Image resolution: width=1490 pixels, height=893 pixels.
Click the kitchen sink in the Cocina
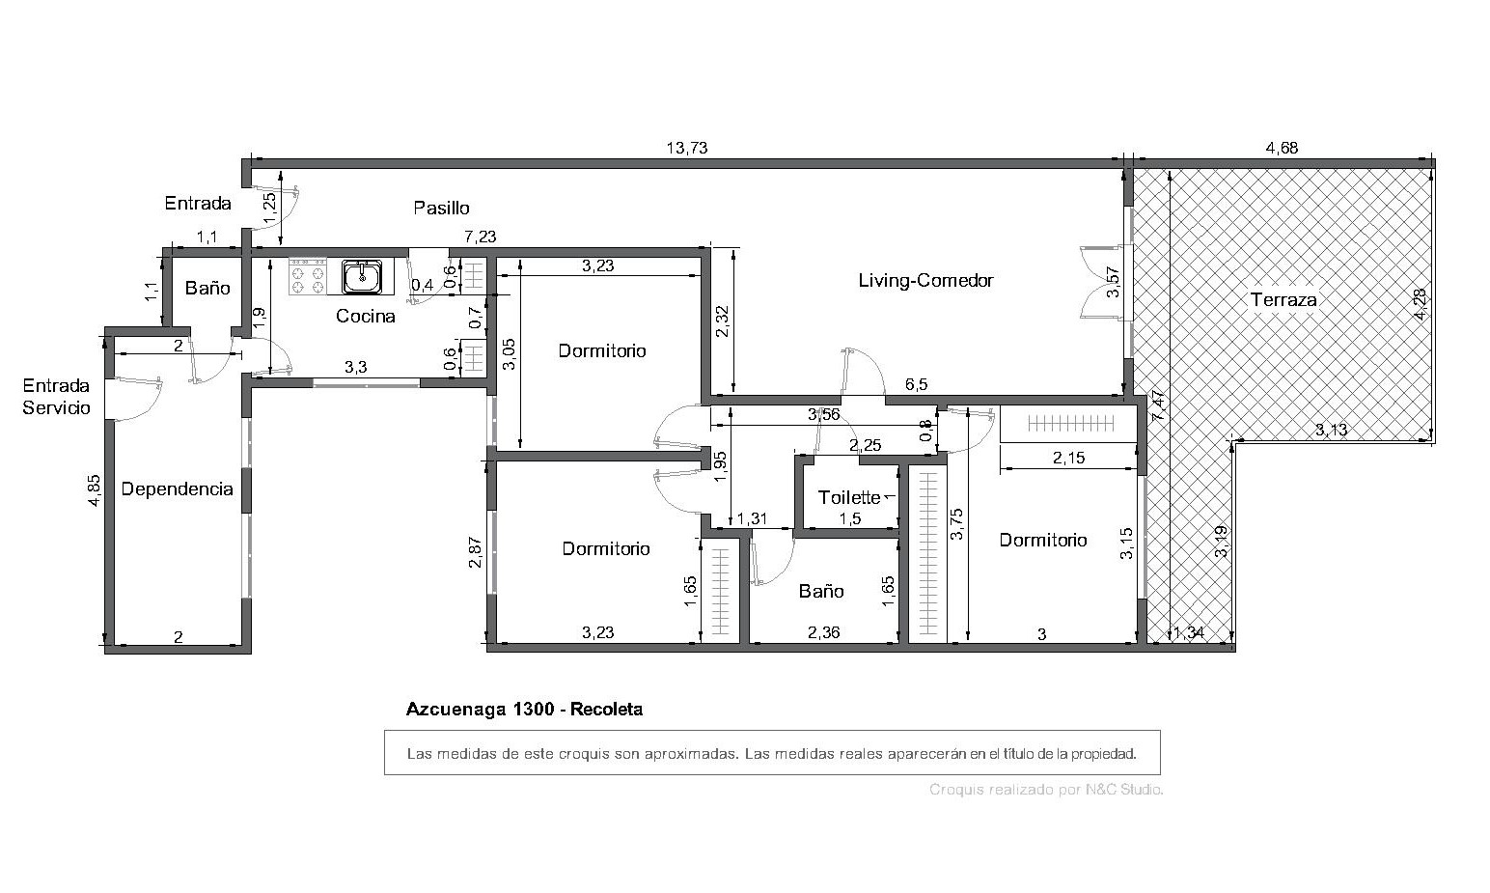point(363,277)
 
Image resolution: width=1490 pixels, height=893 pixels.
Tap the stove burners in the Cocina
point(308,277)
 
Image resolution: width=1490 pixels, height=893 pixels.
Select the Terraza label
point(1283,300)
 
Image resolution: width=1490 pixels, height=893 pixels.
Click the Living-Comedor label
point(925,281)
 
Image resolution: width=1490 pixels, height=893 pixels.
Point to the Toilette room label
point(849,498)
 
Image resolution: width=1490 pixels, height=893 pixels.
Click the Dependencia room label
point(177,489)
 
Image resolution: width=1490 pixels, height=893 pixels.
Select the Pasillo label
point(441,209)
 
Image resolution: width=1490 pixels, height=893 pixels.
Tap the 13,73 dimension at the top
point(687,148)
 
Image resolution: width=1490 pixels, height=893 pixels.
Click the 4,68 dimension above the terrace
point(1282,148)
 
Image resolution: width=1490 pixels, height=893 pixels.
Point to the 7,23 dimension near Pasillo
point(481,237)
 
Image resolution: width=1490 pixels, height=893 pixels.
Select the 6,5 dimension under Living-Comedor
point(916,384)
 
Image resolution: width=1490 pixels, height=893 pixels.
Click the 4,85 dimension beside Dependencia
point(95,490)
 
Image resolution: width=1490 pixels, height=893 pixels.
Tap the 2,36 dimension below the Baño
point(823,632)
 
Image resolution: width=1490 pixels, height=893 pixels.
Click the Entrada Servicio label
point(56,397)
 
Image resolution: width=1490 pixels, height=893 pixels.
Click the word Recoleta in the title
point(607,710)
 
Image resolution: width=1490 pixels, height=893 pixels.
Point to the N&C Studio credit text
point(1124,790)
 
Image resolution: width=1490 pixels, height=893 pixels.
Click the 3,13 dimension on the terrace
point(1331,431)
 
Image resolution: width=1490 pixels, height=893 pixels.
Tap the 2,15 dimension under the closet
point(1069,458)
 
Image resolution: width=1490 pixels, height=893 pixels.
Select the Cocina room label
point(365,316)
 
